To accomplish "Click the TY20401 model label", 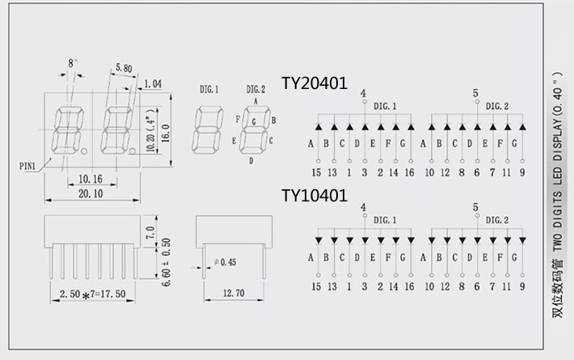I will (x=314, y=83).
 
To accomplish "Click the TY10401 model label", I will (x=314, y=196).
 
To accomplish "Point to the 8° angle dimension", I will (x=73, y=62).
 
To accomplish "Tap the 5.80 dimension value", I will (x=124, y=68).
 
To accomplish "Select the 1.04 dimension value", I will (x=152, y=83).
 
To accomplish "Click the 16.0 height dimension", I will (x=165, y=127).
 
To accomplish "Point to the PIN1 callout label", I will (x=29, y=165).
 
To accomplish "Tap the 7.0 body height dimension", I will (x=149, y=233).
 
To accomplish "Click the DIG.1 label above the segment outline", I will (x=209, y=88).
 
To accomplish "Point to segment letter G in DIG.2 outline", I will (x=255, y=121).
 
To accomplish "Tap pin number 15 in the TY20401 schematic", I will (x=316, y=172).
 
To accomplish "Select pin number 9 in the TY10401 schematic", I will (x=522, y=286).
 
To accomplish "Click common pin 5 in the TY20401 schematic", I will (x=475, y=93).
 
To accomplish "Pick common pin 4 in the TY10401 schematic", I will (x=363, y=207).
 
